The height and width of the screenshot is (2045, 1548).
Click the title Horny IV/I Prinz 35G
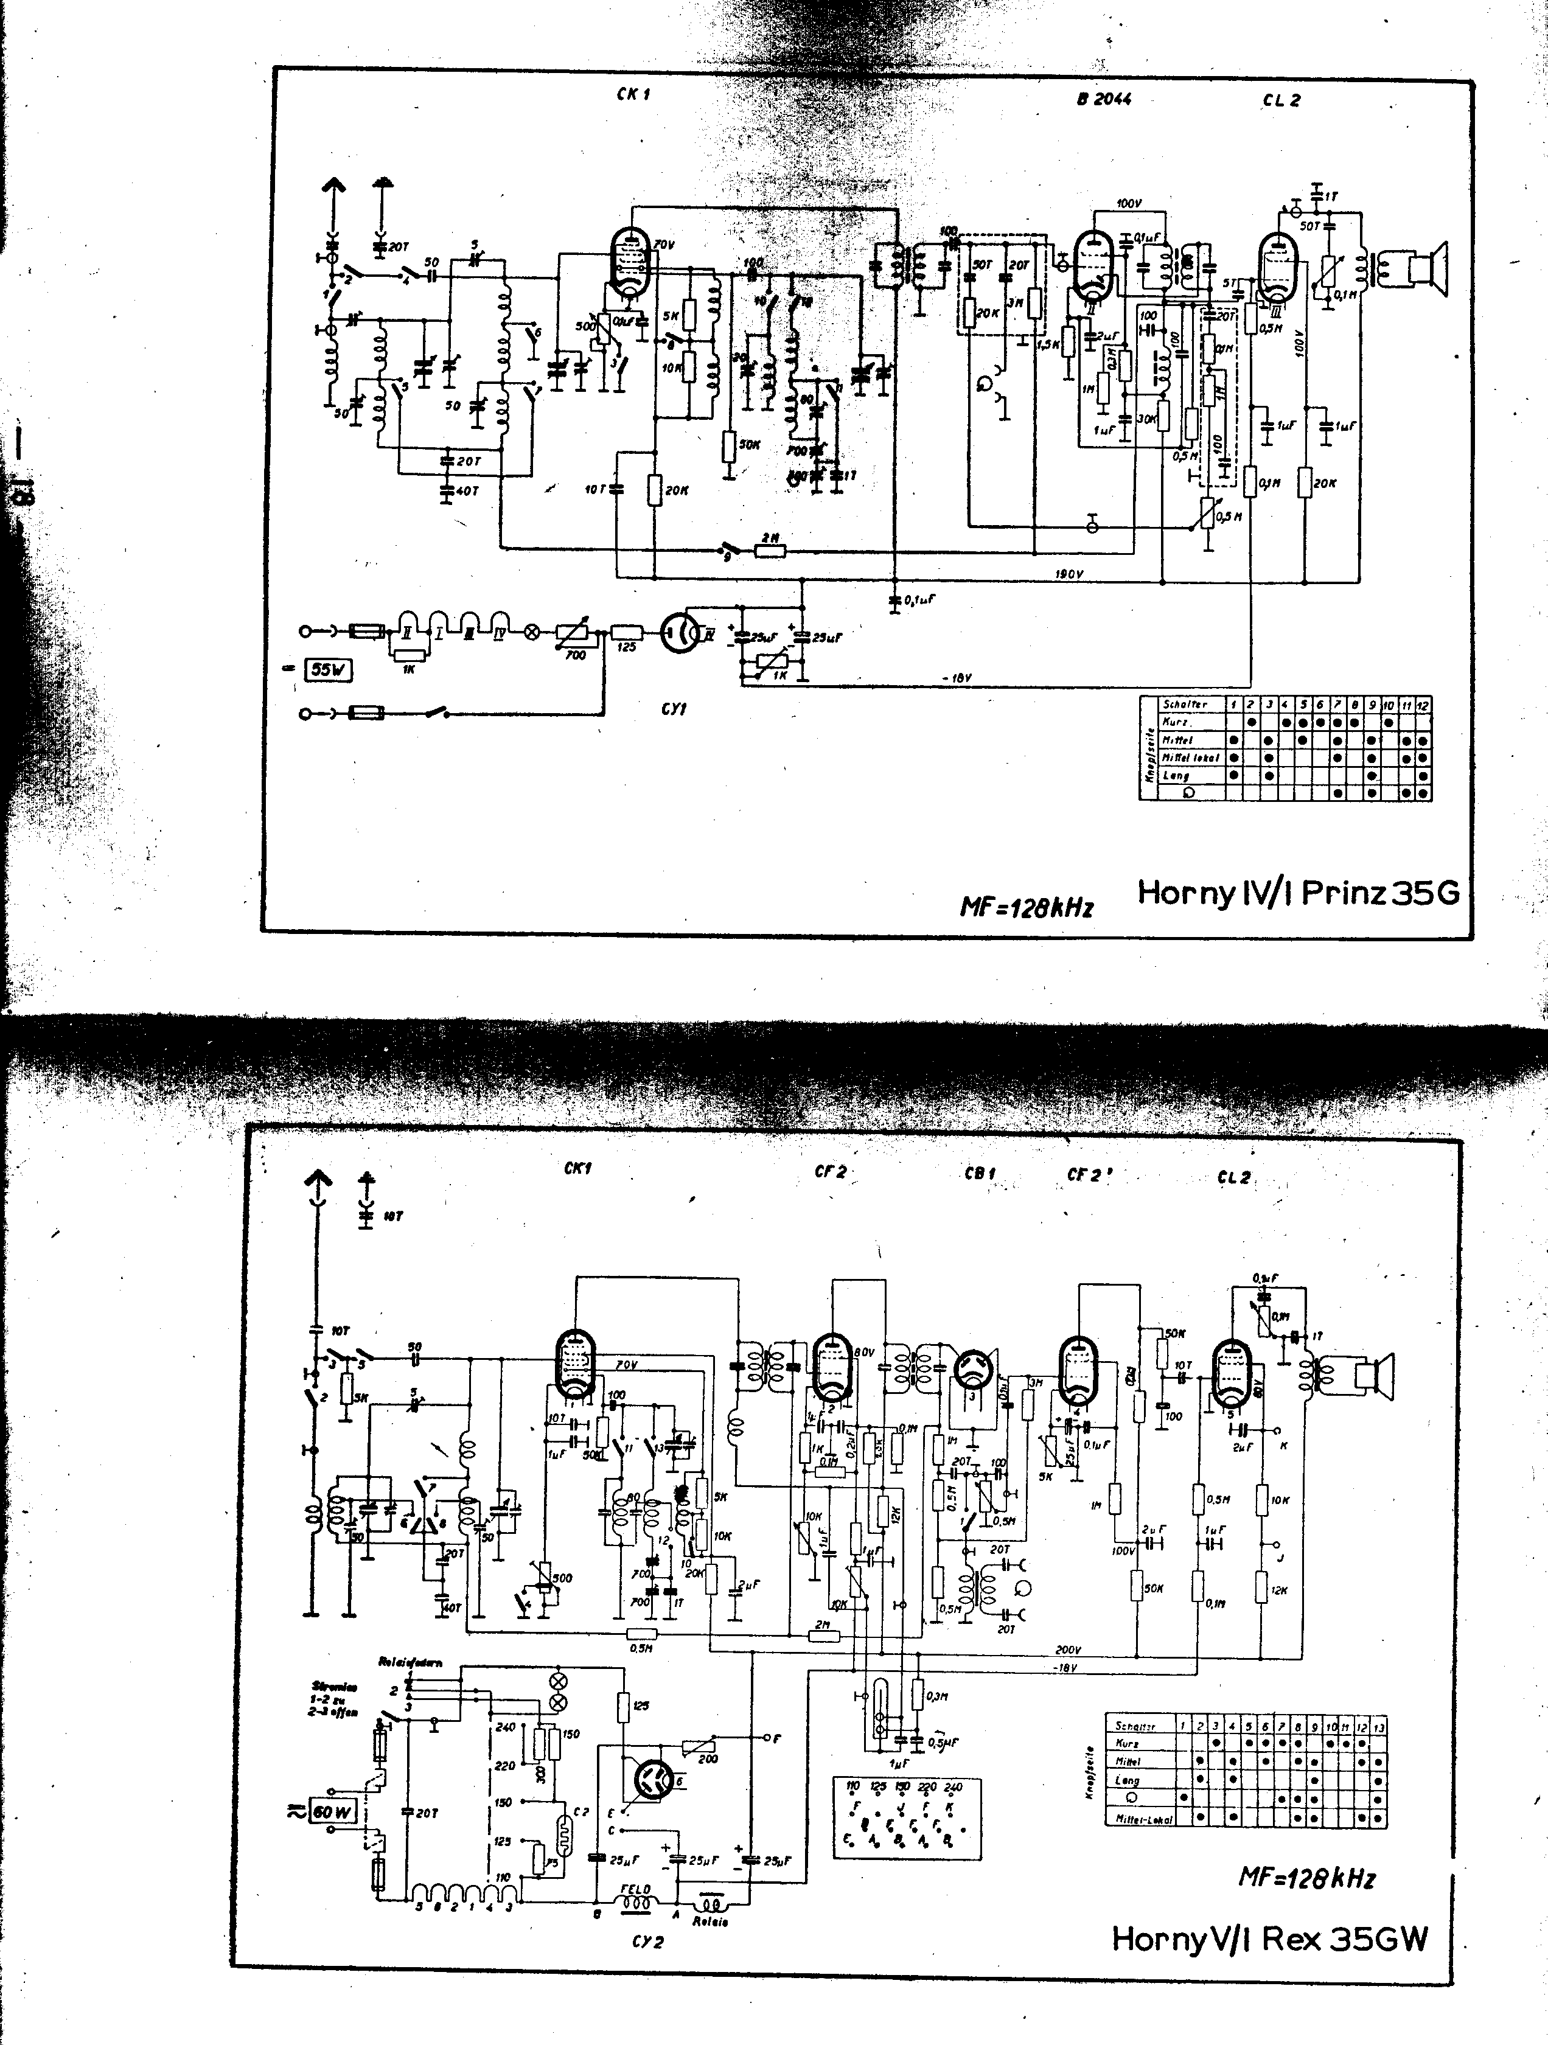pyautogui.click(x=1297, y=893)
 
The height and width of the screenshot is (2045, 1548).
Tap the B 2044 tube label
pyautogui.click(x=1104, y=99)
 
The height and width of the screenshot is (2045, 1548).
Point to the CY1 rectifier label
pyautogui.click(x=674, y=709)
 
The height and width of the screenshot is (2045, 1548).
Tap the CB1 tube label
pyautogui.click(x=979, y=1174)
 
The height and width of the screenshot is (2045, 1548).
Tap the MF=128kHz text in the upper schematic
pyautogui.click(x=1027, y=907)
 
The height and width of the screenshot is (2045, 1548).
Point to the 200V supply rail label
pyautogui.click(x=1067, y=1648)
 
